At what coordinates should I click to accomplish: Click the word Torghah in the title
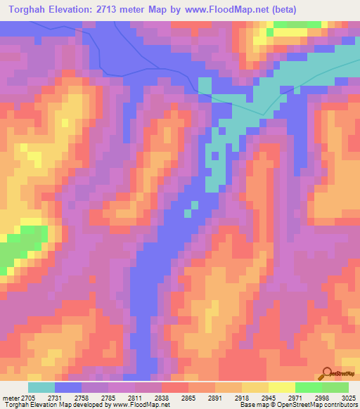coord(31,10)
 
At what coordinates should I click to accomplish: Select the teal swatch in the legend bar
coord(41,387)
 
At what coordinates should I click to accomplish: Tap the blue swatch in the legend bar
coord(68,387)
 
